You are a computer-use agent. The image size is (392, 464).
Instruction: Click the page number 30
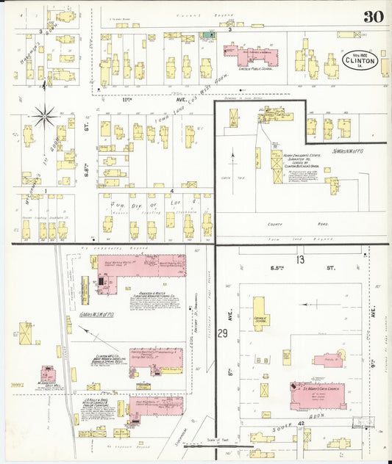[372, 15]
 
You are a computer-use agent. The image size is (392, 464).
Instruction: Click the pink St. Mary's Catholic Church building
[318, 395]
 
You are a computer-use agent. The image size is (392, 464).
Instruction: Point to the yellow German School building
[261, 312]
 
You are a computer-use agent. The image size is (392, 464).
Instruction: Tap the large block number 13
[299, 260]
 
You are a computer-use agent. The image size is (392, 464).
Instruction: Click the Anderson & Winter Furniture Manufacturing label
[156, 298]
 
